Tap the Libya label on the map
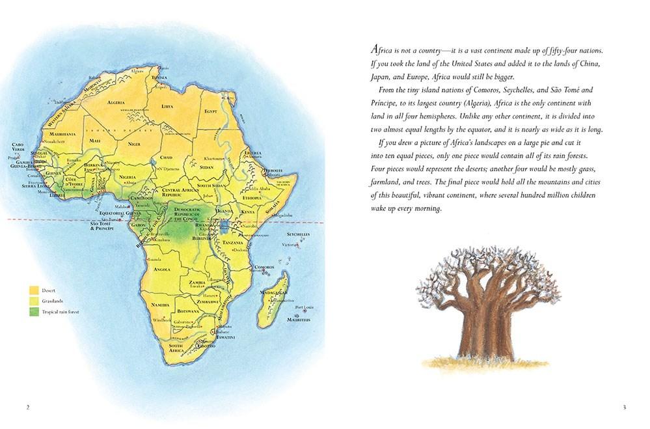tap(167, 105)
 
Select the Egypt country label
tap(210, 111)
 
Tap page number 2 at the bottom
tap(27, 408)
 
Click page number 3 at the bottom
tap(623, 408)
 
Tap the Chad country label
tap(166, 157)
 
